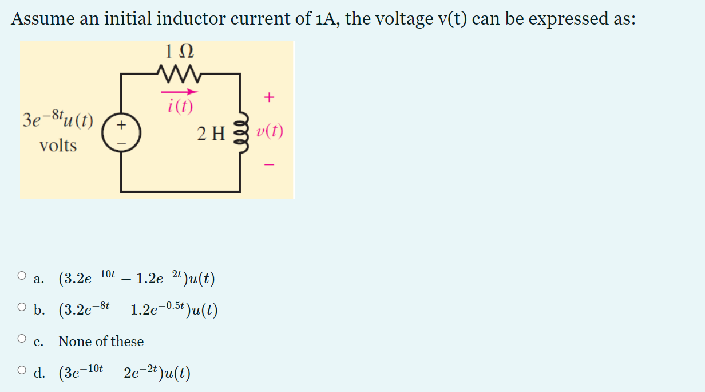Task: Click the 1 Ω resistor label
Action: coord(179,51)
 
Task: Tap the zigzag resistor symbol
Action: coord(179,73)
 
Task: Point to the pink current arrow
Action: coord(179,91)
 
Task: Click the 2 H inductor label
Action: coord(211,134)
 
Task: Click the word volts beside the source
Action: coord(58,146)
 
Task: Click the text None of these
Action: coord(101,342)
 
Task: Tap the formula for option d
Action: coord(124,373)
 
